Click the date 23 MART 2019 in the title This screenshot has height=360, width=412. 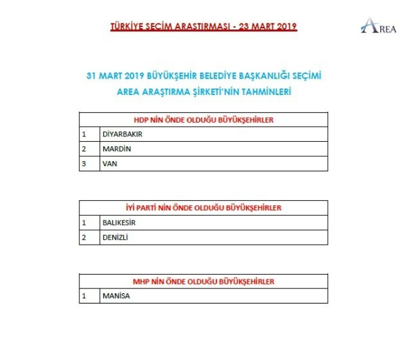pyautogui.click(x=269, y=27)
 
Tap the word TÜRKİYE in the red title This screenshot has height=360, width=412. pyautogui.click(x=128, y=27)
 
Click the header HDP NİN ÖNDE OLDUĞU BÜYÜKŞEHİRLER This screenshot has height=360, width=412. pyautogui.click(x=203, y=120)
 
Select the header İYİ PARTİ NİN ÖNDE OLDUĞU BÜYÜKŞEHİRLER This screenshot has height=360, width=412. pyautogui.click(x=203, y=208)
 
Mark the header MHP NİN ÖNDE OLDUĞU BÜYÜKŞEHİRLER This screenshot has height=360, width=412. pyautogui.click(x=203, y=281)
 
